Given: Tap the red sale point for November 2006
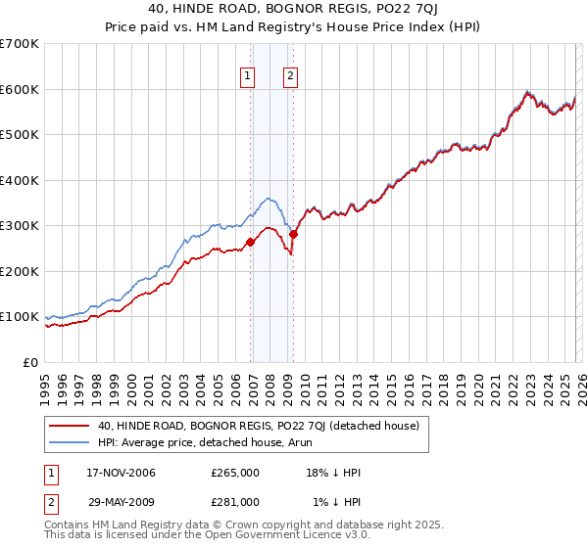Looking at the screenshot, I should pyautogui.click(x=250, y=242).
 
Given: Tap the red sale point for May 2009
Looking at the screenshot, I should pyautogui.click(x=294, y=234).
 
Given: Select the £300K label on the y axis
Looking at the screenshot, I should pyautogui.click(x=20, y=226).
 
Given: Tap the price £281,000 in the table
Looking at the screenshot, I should pyautogui.click(x=234, y=502).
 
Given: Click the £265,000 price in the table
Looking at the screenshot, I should pyautogui.click(x=234, y=473).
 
